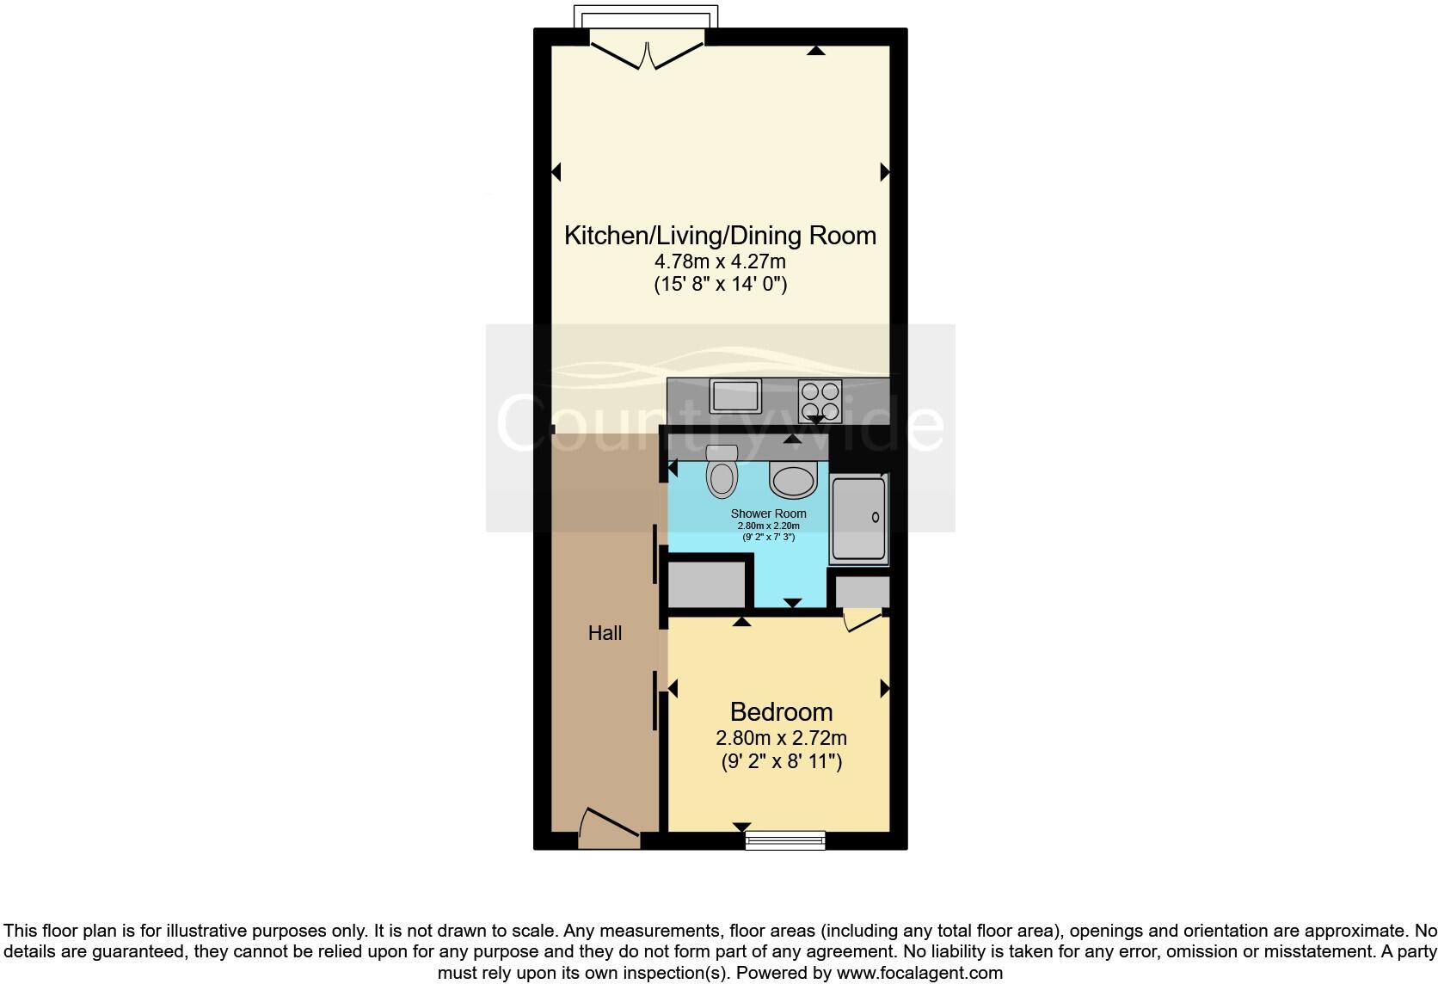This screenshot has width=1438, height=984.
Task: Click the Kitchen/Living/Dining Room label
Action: (720, 236)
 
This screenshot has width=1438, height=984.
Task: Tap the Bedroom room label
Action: (781, 712)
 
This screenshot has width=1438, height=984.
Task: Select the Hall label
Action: (605, 634)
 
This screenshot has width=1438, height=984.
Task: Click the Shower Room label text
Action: (768, 514)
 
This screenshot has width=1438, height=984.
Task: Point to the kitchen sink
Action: (734, 396)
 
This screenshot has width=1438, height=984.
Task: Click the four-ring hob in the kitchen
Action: (819, 400)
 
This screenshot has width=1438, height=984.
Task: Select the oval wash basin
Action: (792, 480)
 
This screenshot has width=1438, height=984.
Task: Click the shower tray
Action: (858, 518)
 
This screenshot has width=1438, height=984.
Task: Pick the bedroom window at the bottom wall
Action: (785, 840)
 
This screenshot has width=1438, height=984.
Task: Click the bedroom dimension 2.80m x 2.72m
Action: (781, 738)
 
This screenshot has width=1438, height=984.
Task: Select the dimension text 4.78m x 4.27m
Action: (720, 261)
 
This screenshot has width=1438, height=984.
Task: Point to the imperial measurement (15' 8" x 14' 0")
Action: (720, 284)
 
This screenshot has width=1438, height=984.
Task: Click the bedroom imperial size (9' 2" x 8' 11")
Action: (781, 761)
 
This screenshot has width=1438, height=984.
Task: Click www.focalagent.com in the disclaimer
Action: (919, 973)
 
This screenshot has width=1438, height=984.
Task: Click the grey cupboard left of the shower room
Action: (706, 585)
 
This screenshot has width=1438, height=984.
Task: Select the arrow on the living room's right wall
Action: (884, 172)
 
